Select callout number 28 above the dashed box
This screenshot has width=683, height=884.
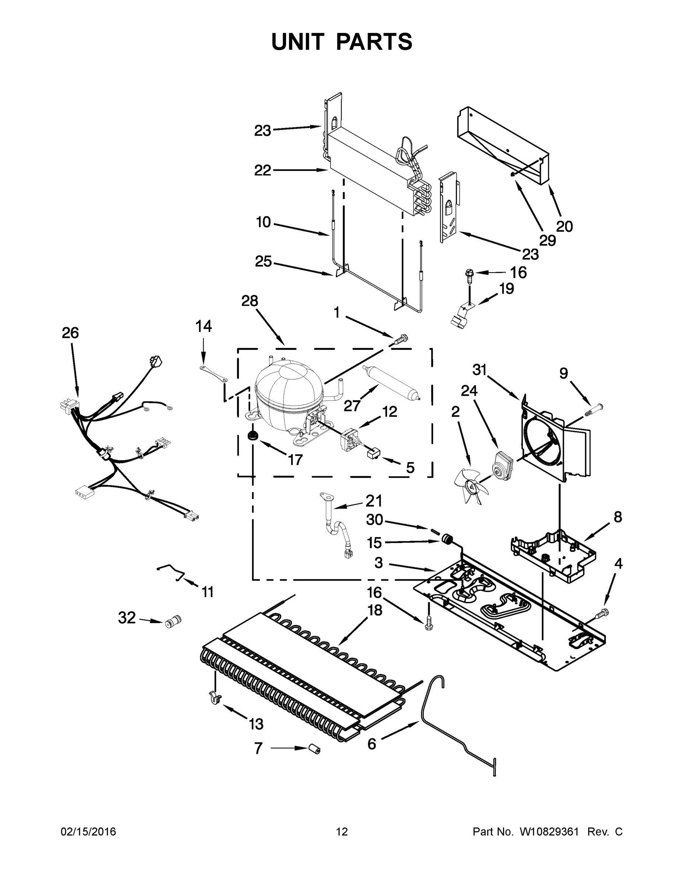(250, 301)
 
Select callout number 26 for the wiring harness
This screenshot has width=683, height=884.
(70, 333)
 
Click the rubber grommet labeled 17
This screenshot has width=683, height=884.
(253, 436)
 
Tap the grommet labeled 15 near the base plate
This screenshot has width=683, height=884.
(447, 539)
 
